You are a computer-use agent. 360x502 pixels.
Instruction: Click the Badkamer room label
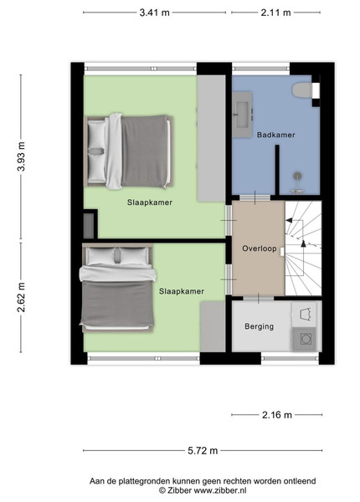(275, 135)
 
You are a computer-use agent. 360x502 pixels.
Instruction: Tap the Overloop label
(259, 248)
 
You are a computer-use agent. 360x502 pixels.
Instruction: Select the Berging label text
(259, 326)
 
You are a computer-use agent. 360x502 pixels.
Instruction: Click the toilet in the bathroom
(301, 90)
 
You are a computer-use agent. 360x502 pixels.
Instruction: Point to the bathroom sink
(242, 115)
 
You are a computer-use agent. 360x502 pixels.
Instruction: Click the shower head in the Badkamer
(298, 176)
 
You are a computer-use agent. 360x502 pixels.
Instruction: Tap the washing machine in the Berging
(304, 339)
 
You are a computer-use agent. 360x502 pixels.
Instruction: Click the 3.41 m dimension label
(154, 13)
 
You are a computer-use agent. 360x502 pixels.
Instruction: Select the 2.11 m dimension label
(275, 13)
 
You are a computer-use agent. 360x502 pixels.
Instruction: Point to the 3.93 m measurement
(21, 156)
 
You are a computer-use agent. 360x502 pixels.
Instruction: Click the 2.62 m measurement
(21, 297)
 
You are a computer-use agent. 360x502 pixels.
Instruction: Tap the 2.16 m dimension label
(277, 415)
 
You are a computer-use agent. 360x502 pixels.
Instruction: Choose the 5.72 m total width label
(203, 451)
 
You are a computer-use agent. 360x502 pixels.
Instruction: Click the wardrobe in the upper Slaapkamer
(211, 138)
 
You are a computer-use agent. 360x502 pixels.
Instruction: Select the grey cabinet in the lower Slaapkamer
(213, 326)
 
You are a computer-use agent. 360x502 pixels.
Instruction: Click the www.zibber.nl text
(220, 490)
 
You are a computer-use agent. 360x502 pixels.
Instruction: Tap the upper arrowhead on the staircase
(289, 220)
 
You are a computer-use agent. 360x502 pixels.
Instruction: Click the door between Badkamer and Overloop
(255, 197)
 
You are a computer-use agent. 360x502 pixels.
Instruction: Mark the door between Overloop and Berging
(259, 299)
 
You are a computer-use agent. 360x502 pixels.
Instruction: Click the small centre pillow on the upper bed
(96, 151)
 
